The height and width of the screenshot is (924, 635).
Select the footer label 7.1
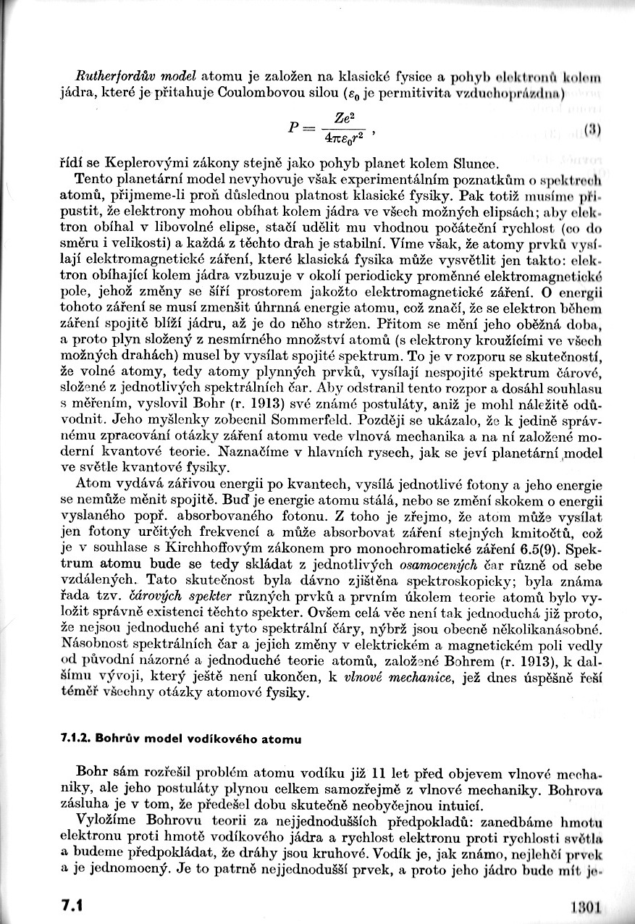point(74,906)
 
